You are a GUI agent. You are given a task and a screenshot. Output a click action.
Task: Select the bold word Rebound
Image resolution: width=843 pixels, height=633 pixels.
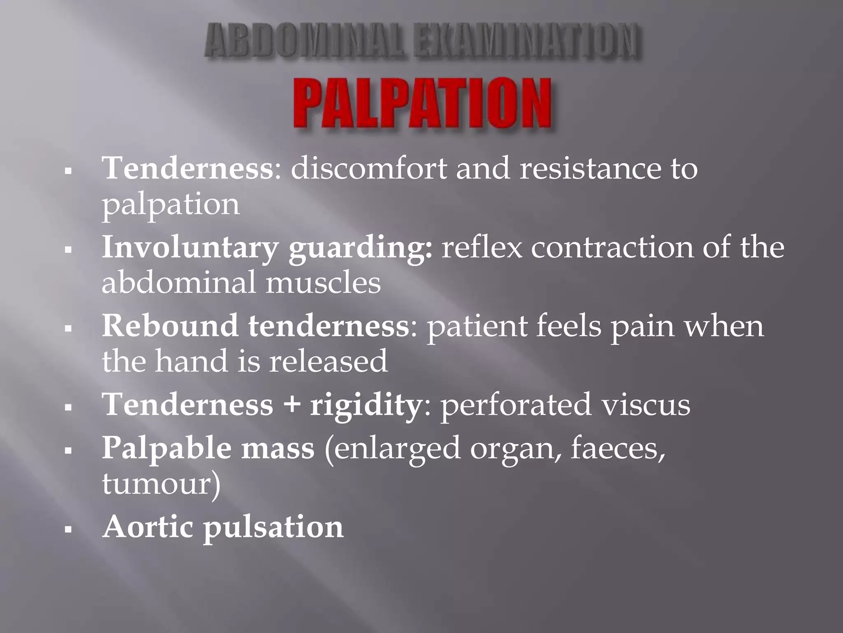coord(170,326)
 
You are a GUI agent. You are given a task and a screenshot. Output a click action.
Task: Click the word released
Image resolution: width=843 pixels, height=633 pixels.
coord(328,361)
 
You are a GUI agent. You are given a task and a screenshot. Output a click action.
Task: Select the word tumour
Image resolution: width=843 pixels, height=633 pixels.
coord(156,484)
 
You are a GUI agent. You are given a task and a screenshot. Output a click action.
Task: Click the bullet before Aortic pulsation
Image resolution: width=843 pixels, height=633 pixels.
coord(68,529)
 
